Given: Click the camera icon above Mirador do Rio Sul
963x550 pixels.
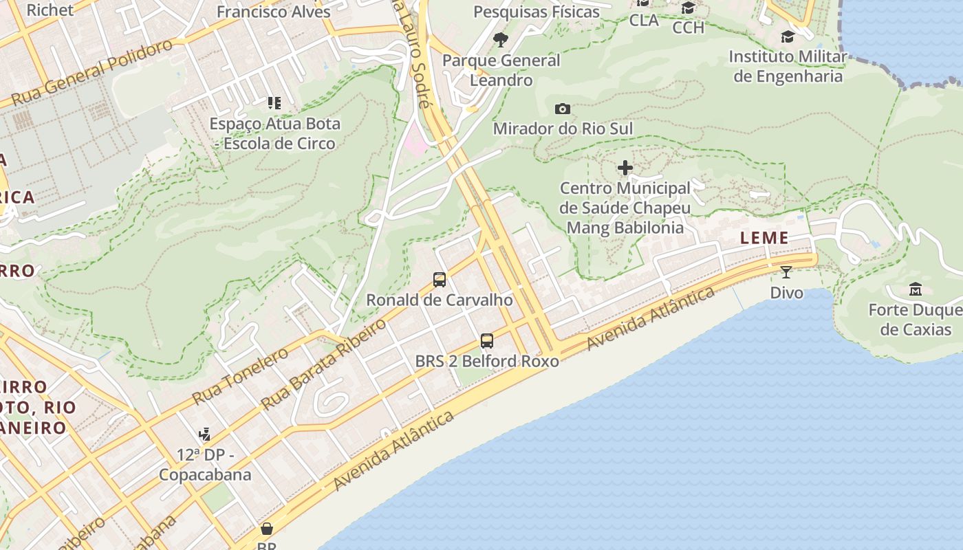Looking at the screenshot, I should coord(562,109).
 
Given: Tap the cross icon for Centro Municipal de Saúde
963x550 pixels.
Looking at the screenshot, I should coord(625,168).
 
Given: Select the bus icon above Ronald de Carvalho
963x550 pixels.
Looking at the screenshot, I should coord(440,280).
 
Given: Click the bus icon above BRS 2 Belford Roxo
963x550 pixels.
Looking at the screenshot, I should coord(487,340).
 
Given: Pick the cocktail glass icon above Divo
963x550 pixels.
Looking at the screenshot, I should coord(786,272).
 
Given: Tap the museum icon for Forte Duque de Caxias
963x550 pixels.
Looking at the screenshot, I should coord(915,289).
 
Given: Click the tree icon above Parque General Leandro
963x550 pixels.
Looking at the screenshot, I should coord(501,40).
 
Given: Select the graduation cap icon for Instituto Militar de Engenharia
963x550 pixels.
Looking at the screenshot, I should coord(788,36).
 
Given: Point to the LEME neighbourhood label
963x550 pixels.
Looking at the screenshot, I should coord(764,238).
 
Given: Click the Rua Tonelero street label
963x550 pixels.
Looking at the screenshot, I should coord(240,377).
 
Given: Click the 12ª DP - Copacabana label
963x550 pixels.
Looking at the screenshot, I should coord(205,465).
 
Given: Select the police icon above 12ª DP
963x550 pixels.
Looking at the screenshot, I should coord(204,434).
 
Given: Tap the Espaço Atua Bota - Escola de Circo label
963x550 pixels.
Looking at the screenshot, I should coord(274,133).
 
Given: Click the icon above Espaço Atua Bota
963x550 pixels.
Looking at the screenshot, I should coord(274,103).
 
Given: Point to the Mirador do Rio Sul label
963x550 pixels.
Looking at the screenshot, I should coord(563,129).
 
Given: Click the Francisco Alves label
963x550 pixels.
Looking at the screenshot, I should coord(273,12).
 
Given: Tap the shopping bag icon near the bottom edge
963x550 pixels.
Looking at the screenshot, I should coord(266,529).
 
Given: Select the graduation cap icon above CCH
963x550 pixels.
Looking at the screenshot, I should coord(688,8).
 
